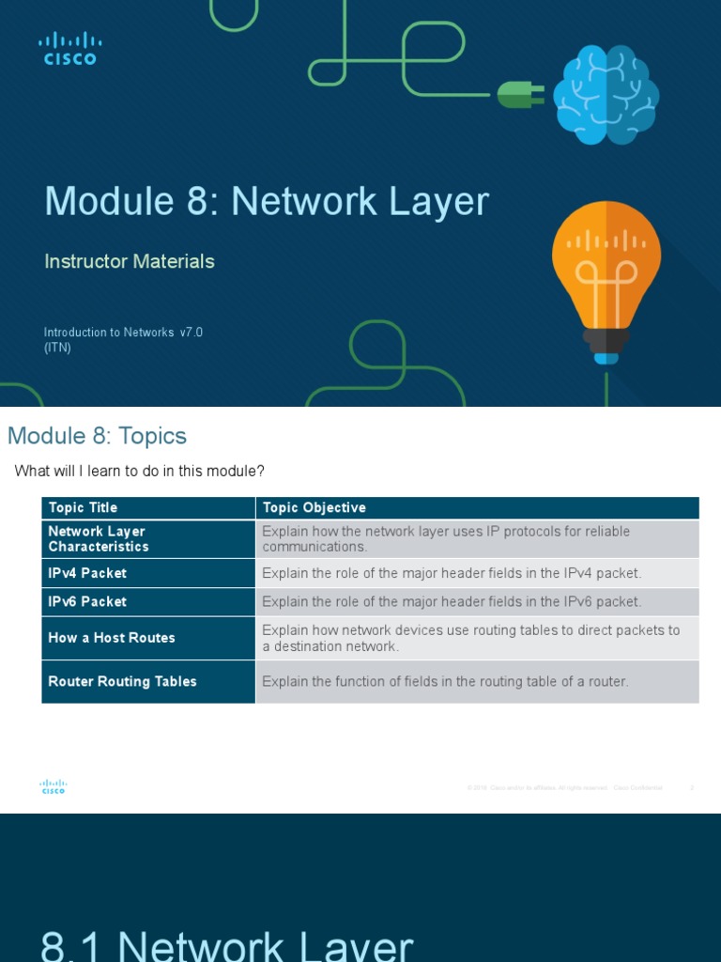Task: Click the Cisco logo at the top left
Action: [x=69, y=48]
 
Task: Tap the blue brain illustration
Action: [x=606, y=95]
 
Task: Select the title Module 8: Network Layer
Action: [x=267, y=202]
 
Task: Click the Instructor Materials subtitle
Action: [x=130, y=261]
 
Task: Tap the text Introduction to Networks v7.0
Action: [x=123, y=333]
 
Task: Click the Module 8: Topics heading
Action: [x=97, y=436]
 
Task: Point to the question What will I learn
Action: [x=140, y=471]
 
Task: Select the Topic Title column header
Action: [x=83, y=507]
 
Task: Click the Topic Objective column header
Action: [x=314, y=507]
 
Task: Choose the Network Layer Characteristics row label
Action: [x=99, y=538]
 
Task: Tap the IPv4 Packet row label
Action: [x=87, y=573]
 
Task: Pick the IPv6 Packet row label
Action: [x=87, y=601]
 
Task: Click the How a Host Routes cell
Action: [x=112, y=637]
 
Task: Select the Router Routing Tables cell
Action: [x=122, y=681]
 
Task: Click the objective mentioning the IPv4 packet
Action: [x=452, y=573]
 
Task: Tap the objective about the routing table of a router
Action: [x=445, y=681]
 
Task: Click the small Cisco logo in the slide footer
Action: [x=54, y=787]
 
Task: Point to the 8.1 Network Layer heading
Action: [x=226, y=944]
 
